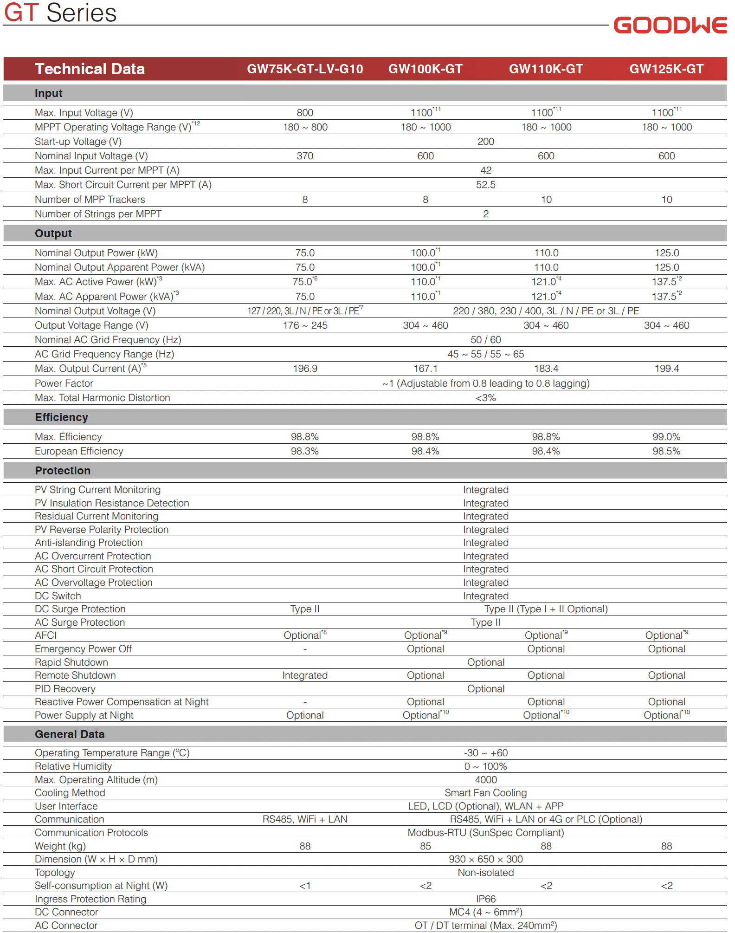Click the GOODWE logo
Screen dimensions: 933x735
pyautogui.click(x=670, y=25)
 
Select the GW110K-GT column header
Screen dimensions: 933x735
pyautogui.click(x=546, y=69)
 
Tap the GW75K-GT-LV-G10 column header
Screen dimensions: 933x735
pyautogui.click(x=305, y=69)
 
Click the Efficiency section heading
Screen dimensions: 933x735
pyautogui.click(x=61, y=417)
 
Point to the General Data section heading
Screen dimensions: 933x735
pyautogui.click(x=70, y=734)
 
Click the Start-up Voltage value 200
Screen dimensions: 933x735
pyautogui.click(x=486, y=142)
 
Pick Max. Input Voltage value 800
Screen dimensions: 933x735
pyautogui.click(x=305, y=113)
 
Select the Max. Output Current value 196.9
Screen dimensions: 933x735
pyautogui.click(x=305, y=369)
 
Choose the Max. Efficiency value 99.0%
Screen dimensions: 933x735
pyautogui.click(x=666, y=437)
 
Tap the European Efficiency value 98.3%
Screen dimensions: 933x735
pyautogui.click(x=305, y=451)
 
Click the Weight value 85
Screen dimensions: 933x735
pyautogui.click(x=426, y=846)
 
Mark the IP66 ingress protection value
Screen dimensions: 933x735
pyautogui.click(x=486, y=899)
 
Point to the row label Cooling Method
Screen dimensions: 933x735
pyautogui.click(x=70, y=793)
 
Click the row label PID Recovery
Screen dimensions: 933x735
pyautogui.click(x=65, y=689)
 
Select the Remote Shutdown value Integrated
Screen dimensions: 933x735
pyautogui.click(x=305, y=675)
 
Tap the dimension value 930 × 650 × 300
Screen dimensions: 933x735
pyautogui.click(x=486, y=859)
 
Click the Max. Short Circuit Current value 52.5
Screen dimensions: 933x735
pyautogui.click(x=486, y=185)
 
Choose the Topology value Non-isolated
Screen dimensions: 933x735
pyautogui.click(x=486, y=873)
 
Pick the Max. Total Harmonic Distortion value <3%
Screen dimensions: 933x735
pyautogui.click(x=486, y=398)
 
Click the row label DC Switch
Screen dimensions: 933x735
pyautogui.click(x=58, y=596)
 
